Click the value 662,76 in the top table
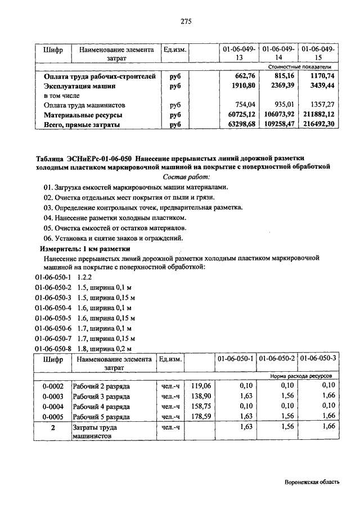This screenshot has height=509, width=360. [243, 76]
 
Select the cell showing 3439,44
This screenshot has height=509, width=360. [322, 86]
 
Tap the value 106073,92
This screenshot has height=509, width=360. [280, 115]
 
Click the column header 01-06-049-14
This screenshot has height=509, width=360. [279, 53]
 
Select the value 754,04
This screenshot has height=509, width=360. [244, 105]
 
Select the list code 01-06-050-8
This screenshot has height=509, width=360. [53, 348]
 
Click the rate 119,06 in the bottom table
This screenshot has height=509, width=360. [200, 386]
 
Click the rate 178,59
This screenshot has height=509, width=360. [200, 417]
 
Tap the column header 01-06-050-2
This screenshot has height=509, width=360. [278, 358]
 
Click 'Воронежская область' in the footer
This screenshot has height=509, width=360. [312, 483]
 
